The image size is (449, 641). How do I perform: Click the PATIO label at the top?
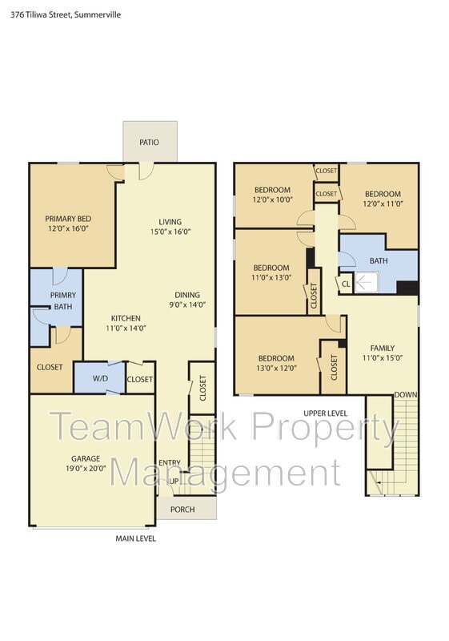point(149,143)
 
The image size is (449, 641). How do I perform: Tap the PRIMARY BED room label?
point(68,219)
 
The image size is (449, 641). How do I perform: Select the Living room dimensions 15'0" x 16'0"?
point(170,232)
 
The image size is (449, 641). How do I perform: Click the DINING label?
point(187,295)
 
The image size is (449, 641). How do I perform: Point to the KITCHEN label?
point(126,318)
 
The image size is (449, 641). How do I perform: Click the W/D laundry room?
point(100,379)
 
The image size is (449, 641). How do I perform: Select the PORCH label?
point(182,510)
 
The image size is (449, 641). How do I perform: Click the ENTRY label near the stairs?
point(170,463)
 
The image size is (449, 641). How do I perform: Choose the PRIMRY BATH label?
point(62,300)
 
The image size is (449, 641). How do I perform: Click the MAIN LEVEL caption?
point(136,538)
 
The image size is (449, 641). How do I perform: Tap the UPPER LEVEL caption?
point(325,413)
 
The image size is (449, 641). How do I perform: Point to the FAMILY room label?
point(382,348)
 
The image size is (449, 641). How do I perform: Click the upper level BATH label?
point(378,261)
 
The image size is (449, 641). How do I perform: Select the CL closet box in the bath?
point(346,283)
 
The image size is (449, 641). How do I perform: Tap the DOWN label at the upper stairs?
point(405,395)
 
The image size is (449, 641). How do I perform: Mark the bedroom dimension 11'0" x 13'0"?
point(271,278)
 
